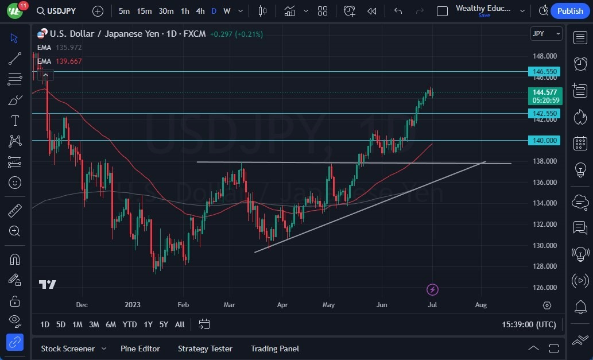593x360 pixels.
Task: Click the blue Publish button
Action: (x=570, y=11)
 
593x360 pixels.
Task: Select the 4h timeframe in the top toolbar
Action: (x=200, y=11)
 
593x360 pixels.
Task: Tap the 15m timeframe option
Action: (x=144, y=11)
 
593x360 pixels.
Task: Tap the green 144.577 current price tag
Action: (x=545, y=92)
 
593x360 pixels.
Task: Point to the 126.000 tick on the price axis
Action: (x=545, y=288)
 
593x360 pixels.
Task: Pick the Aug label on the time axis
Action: (x=481, y=305)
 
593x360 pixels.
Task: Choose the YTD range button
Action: (x=130, y=324)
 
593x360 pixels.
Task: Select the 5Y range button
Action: (x=164, y=324)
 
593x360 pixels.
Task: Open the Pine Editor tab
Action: (x=140, y=349)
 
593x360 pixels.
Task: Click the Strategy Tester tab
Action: (x=205, y=349)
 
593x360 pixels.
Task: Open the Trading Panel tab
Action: (x=275, y=349)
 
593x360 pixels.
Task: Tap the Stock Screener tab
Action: (x=68, y=349)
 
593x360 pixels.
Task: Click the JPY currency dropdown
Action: (x=546, y=34)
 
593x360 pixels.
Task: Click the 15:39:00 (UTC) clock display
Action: (x=529, y=324)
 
